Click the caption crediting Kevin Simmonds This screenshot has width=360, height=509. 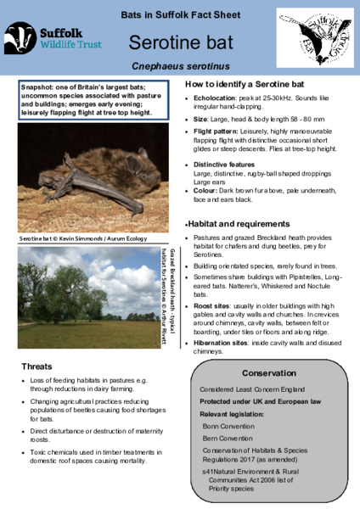click(74, 240)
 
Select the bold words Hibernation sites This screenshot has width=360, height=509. click(223, 343)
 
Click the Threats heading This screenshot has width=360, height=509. click(38, 366)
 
